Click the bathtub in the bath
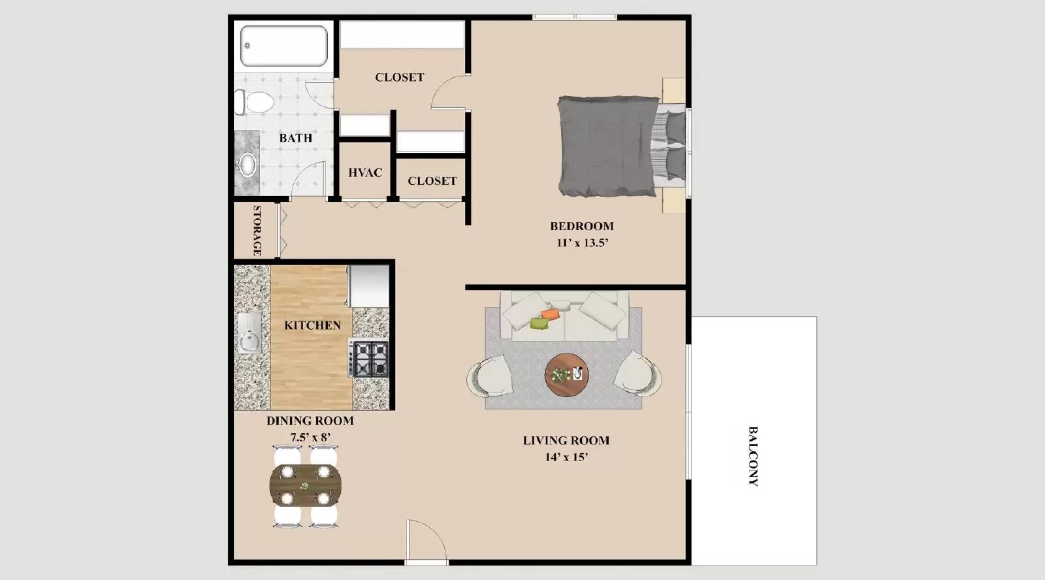coord(283,46)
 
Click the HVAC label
coord(365,173)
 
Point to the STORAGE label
coord(257,230)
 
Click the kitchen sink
coord(249,332)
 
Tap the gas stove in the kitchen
coord(370,359)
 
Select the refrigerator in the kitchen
coord(369,285)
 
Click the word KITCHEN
coord(312,325)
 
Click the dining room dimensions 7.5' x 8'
coord(310,438)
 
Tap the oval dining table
coord(305,486)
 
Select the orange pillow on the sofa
coord(551,314)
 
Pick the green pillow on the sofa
coord(538,323)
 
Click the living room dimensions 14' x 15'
coord(566,457)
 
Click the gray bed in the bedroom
coord(607,146)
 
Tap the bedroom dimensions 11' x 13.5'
coord(581,243)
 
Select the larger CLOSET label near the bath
coord(399,77)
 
